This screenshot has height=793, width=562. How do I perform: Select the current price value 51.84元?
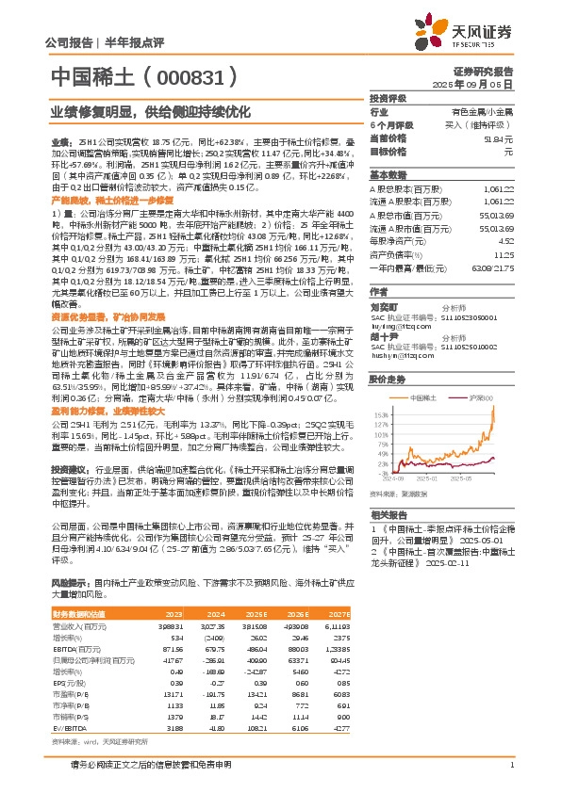502,138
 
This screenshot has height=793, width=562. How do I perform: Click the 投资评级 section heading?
388,97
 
